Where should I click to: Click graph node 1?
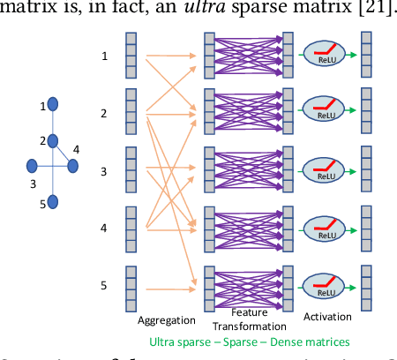click(52, 106)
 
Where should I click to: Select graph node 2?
click(52, 140)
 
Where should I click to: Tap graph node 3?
click(32, 165)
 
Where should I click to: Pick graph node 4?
click(72, 165)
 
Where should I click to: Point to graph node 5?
click(52, 202)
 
